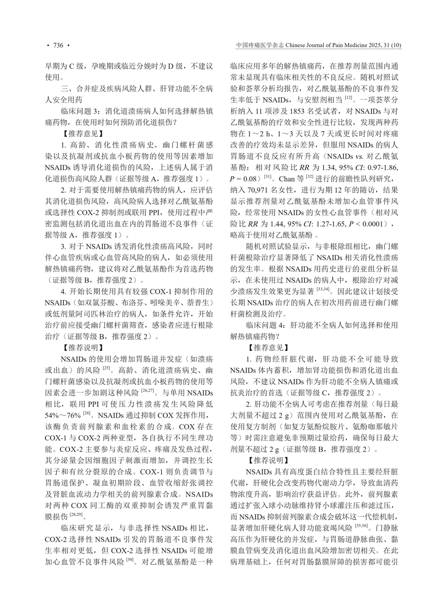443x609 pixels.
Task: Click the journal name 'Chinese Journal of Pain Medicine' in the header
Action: (x=321, y=45)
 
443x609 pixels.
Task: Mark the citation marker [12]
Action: (x=348, y=98)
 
